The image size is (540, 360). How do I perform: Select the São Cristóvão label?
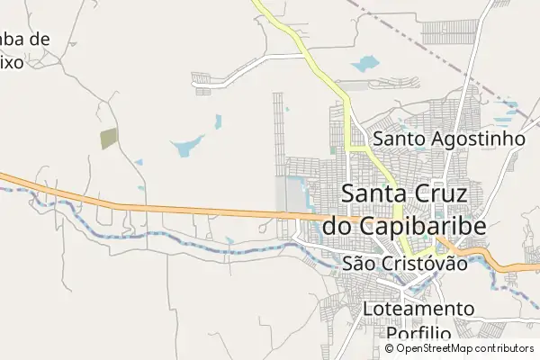(x=406, y=264)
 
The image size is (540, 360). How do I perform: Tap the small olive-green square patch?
(x=109, y=139)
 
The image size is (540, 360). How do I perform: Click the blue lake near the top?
(x=366, y=64)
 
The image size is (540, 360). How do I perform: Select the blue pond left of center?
(x=186, y=146)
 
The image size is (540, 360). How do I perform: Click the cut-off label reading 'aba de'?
(x=25, y=40)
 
